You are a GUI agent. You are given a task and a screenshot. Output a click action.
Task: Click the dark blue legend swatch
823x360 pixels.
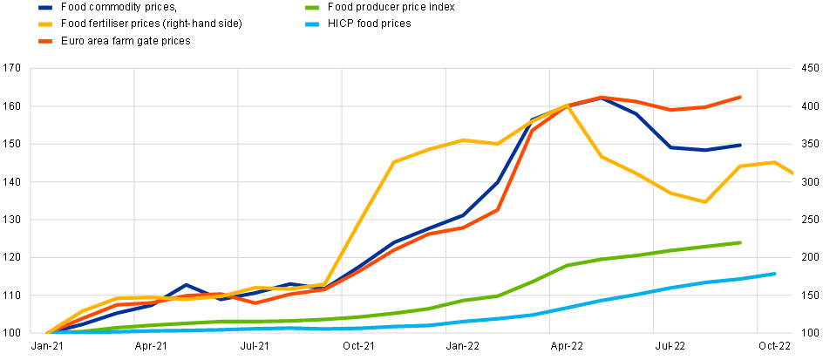point(45,8)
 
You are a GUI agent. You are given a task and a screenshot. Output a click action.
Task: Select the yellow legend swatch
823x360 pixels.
point(45,24)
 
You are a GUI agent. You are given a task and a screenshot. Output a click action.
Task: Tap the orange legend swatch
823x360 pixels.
point(45,41)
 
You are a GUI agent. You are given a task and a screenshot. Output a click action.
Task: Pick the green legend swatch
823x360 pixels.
point(312,8)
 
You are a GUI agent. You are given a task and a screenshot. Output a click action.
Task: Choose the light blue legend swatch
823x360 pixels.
point(312,24)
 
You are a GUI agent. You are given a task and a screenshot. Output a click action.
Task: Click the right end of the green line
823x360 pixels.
point(740,242)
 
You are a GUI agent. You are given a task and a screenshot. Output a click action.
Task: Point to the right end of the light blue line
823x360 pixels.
point(775,274)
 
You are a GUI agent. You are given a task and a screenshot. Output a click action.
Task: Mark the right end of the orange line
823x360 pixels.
point(740,97)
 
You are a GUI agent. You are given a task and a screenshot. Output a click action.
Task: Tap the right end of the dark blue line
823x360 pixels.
point(740,145)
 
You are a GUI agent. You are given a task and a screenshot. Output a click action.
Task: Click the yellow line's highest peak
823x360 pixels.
point(567,105)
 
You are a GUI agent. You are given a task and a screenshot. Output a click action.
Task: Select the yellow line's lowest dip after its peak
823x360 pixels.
point(704,201)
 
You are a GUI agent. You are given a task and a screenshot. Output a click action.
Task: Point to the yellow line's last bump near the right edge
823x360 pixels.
point(774,162)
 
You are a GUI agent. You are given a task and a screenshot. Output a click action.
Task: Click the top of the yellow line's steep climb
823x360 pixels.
point(394,162)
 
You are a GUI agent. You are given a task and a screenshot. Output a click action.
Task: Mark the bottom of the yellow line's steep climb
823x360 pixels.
point(325,284)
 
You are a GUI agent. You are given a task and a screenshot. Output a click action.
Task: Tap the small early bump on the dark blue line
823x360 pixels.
point(186,285)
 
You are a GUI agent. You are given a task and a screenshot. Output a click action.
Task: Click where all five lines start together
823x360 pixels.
point(47,333)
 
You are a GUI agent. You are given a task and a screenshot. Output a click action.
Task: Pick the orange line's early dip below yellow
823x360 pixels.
point(255,302)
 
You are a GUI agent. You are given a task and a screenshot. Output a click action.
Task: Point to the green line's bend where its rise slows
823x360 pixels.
point(568,265)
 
